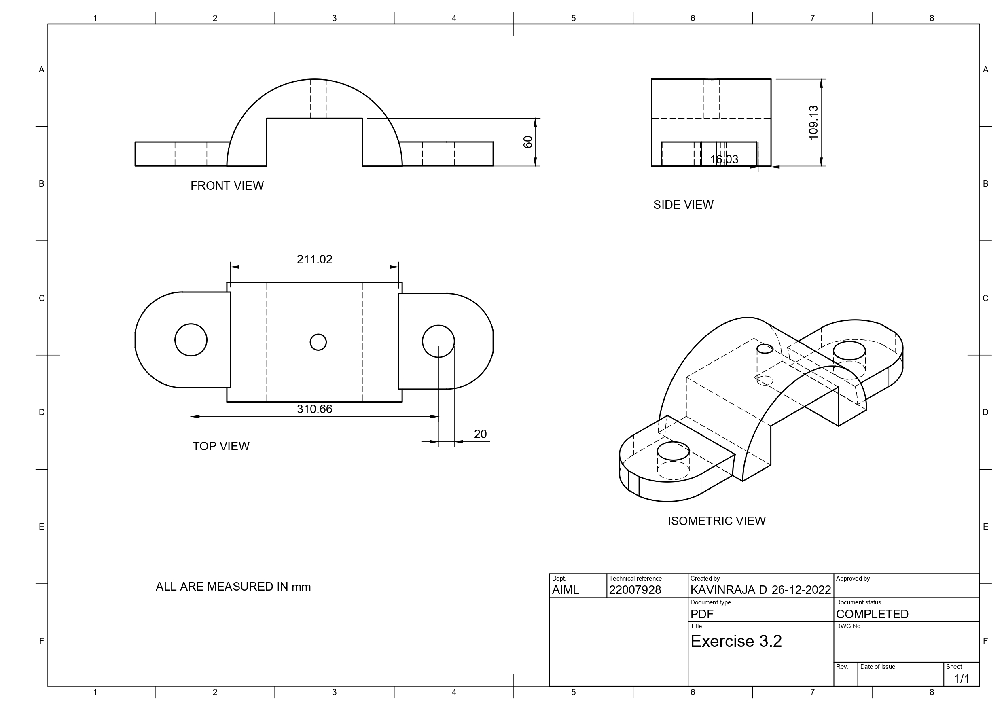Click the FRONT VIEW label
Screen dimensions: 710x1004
click(x=227, y=186)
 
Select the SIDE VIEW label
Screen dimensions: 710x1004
click(x=683, y=205)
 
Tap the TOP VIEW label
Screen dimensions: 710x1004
click(x=221, y=446)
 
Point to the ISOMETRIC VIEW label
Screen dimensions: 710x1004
click(x=716, y=521)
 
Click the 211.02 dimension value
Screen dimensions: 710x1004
click(x=314, y=259)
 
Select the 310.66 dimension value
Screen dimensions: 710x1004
click(x=314, y=409)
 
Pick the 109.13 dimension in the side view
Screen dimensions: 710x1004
click(x=813, y=123)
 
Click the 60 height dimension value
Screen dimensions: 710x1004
click(x=528, y=142)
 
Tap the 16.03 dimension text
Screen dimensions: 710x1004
click(x=724, y=159)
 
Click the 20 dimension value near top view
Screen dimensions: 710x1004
click(x=480, y=434)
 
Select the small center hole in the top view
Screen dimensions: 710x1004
click(x=318, y=342)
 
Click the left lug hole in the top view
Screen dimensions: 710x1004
click(x=191, y=340)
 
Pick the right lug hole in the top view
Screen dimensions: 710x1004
click(x=438, y=341)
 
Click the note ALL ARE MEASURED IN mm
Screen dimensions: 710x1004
click(x=233, y=587)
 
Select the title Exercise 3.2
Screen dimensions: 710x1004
click(x=736, y=641)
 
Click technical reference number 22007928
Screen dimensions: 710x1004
click(x=635, y=590)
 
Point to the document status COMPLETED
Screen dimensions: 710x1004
click(x=872, y=614)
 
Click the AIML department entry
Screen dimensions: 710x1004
click(x=565, y=590)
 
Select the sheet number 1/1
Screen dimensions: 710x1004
click(x=961, y=679)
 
